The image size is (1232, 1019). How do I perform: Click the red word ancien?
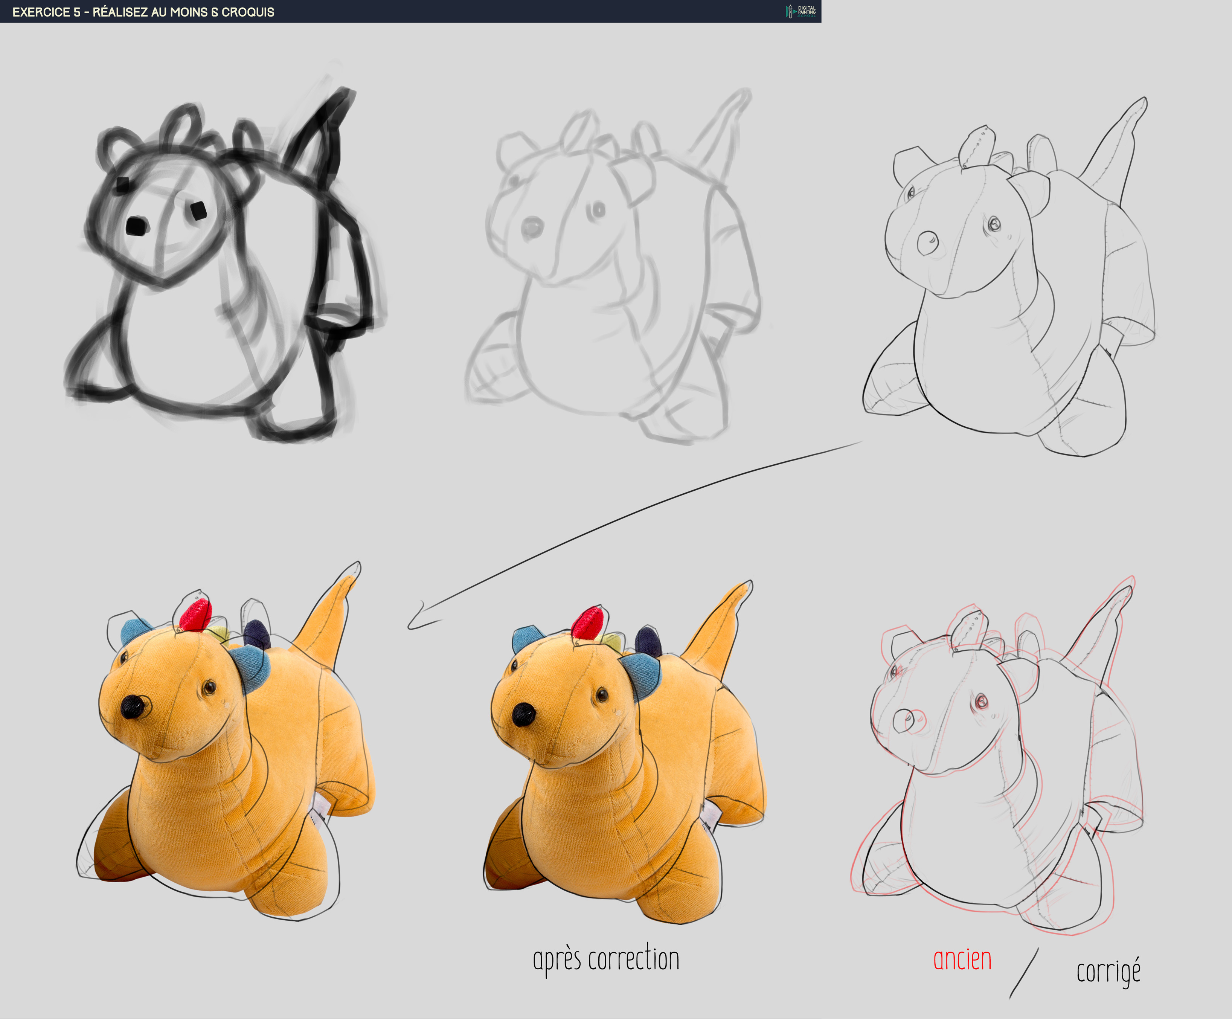(962, 960)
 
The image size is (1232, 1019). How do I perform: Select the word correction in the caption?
(634, 959)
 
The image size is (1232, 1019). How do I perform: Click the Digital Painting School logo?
(801, 11)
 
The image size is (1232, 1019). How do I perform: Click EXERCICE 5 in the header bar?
(46, 12)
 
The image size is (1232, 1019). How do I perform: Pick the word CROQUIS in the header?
(248, 12)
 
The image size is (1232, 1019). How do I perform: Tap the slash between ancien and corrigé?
(1024, 973)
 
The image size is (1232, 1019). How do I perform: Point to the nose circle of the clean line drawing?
(927, 242)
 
